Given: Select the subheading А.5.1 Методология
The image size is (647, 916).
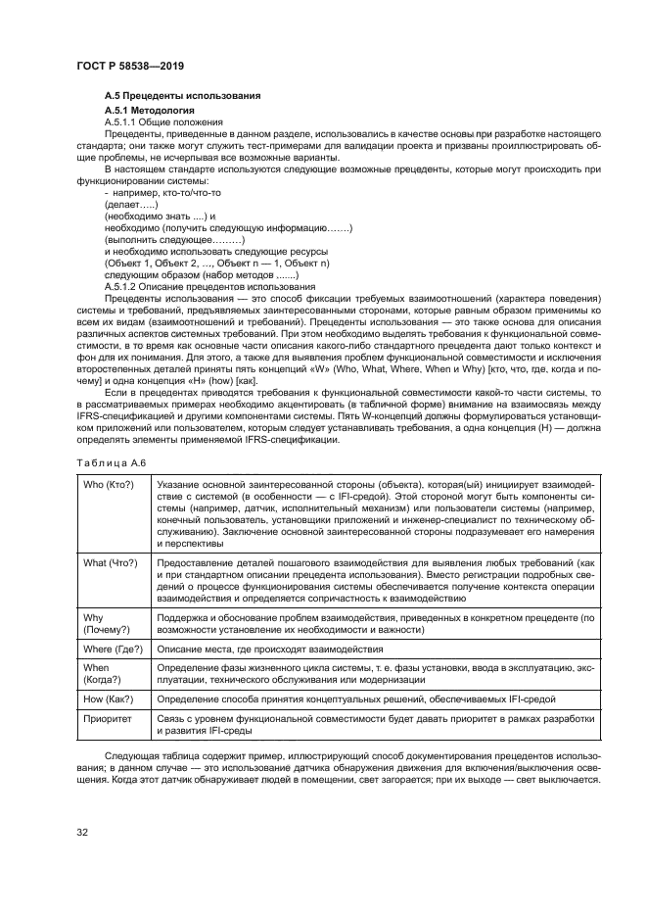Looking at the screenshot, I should click(150, 112).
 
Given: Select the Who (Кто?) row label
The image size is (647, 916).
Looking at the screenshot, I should click(110, 485).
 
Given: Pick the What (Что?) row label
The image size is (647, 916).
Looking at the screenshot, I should click(111, 563).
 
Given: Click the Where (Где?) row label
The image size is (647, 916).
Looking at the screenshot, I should click(115, 650).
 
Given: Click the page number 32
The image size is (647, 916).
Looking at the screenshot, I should click(82, 832).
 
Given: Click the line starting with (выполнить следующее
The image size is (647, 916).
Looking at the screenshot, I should click(173, 240).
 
